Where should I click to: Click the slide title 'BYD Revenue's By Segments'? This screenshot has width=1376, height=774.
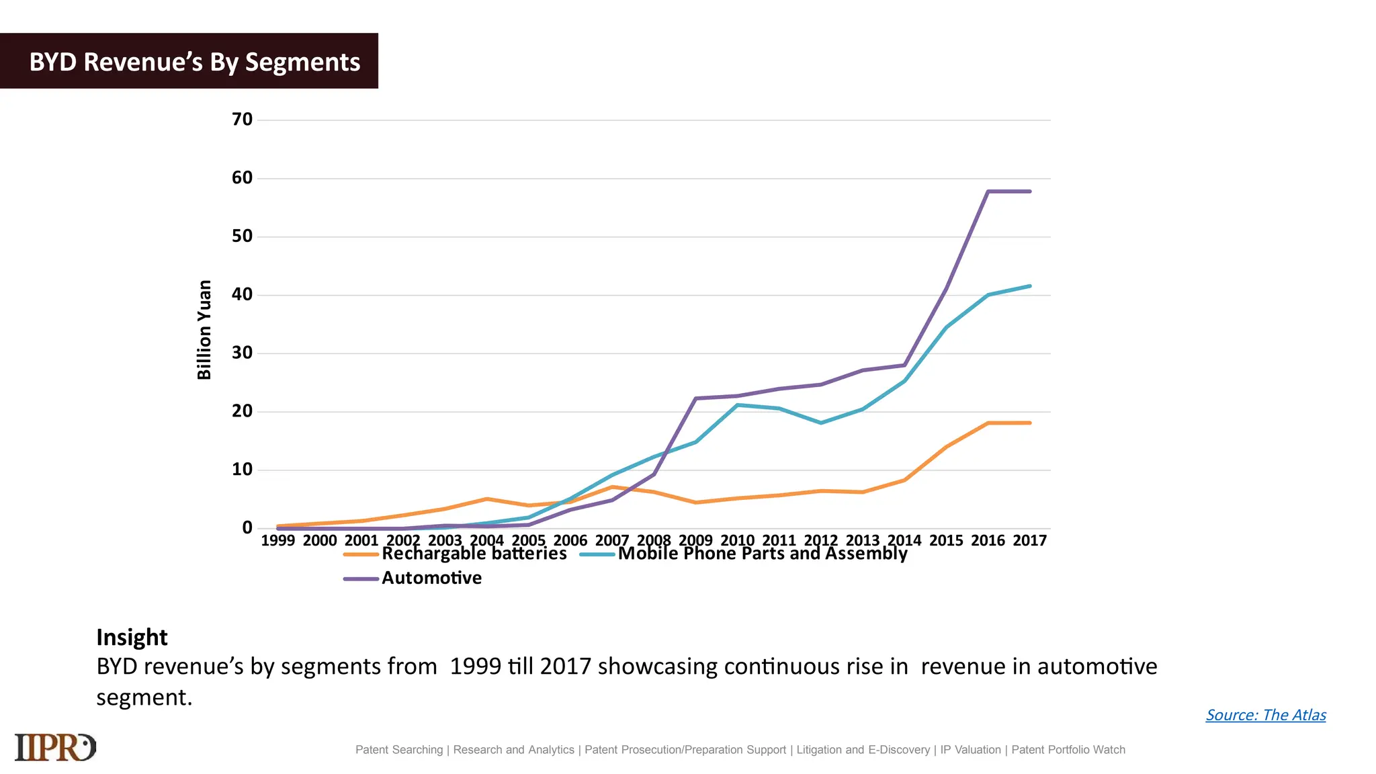coord(195,62)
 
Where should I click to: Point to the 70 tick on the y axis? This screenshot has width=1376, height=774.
coord(242,120)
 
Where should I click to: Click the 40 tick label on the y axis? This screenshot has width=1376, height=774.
coord(242,295)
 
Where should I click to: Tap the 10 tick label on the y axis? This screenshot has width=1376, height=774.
coord(242,470)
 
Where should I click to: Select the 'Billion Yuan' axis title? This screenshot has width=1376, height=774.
coord(204,330)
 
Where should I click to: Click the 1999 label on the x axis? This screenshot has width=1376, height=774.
coord(277,541)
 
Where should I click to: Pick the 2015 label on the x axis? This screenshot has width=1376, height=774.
coord(946,541)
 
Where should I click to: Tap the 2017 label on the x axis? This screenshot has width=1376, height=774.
coord(1029,541)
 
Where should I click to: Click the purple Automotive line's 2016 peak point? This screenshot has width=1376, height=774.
coord(988,191)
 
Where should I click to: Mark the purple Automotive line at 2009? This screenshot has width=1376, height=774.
coord(695,398)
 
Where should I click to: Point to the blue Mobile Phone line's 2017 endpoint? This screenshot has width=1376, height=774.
coord(1029,286)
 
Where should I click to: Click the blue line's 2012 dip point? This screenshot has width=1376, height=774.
coord(821,423)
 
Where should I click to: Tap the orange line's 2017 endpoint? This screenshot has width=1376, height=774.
coord(1029,423)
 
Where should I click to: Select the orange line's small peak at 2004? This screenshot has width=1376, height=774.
coord(486,499)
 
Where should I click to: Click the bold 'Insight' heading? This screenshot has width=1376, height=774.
coord(132,637)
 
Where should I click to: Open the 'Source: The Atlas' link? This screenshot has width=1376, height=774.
coord(1266,715)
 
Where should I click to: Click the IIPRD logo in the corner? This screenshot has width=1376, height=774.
coord(55,747)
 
